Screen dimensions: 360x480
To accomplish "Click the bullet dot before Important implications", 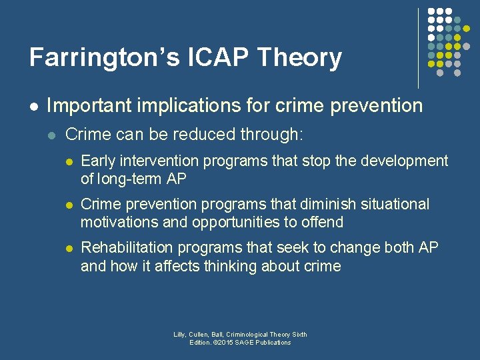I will (x=33, y=106).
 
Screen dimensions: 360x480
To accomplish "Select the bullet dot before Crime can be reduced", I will (x=52, y=135).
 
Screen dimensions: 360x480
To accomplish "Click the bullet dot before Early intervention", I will (x=68, y=162).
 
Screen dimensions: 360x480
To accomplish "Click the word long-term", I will (x=127, y=179).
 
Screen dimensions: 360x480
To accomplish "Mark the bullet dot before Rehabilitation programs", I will (x=68, y=249).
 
